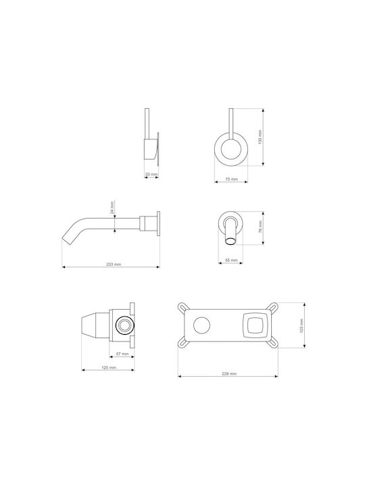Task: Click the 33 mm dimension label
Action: coord(151,175)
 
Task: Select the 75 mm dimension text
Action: coord(231,179)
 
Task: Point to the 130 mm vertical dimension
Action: coord(260,137)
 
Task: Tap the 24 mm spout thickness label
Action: coord(112,208)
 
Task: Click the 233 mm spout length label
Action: coord(114,264)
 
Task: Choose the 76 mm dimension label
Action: coord(260,227)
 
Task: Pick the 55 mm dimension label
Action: coord(231,260)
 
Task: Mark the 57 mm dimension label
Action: coord(122,354)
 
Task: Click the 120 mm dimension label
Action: coord(109,367)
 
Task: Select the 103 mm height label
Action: coord(301,326)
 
